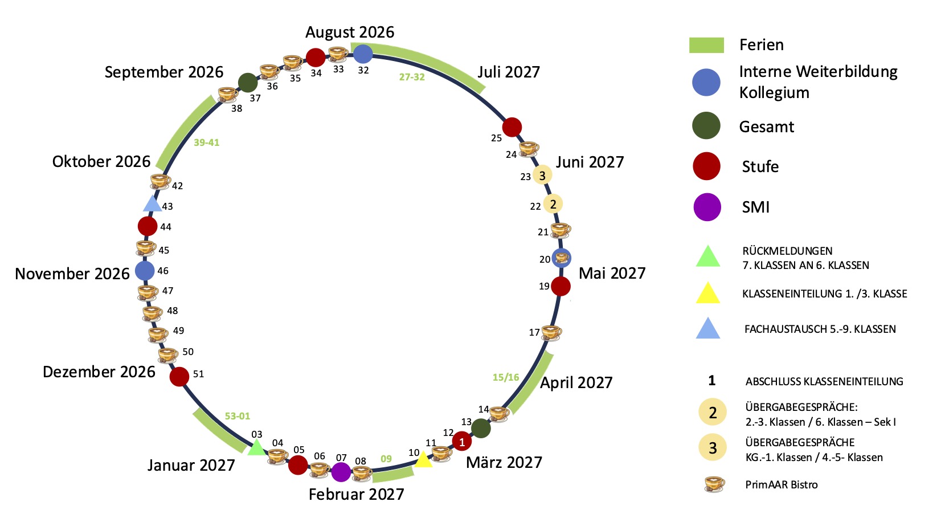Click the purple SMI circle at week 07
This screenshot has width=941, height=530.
pyautogui.click(x=341, y=472)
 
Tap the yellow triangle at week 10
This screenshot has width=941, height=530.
pyautogui.click(x=423, y=460)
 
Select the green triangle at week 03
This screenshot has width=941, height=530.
pyautogui.click(x=257, y=447)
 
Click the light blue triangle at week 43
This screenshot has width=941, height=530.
pyautogui.click(x=152, y=203)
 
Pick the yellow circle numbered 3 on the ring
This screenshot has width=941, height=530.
pyautogui.click(x=542, y=176)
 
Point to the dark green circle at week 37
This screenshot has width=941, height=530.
pyautogui.click(x=247, y=83)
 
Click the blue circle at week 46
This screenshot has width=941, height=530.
pyautogui.click(x=145, y=271)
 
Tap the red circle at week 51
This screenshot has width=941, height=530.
pyautogui.click(x=179, y=377)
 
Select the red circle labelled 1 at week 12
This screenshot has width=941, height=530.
pyautogui.click(x=462, y=441)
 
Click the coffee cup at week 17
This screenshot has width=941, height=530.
pyautogui.click(x=551, y=332)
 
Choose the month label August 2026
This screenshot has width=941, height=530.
pyautogui.click(x=350, y=32)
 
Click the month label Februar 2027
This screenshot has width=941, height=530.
pyautogui.click(x=356, y=494)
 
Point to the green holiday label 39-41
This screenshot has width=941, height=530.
pyautogui.click(x=206, y=142)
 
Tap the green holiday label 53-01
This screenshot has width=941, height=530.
pyautogui.click(x=238, y=416)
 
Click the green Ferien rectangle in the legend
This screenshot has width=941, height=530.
pyautogui.click(x=706, y=45)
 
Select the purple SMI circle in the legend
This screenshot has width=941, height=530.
pyautogui.click(x=707, y=207)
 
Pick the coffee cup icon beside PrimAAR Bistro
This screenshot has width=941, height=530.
pyautogui.click(x=714, y=484)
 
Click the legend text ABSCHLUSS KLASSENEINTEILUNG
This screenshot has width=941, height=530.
pyautogui.click(x=824, y=382)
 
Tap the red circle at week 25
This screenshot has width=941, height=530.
pyautogui.click(x=512, y=127)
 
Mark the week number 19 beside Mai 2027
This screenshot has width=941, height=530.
pyautogui.click(x=544, y=286)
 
